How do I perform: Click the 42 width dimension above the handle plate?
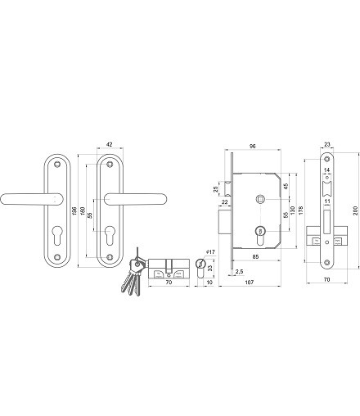109,145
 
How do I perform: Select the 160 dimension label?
83,210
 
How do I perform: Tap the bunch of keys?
133,272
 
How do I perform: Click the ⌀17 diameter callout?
210,251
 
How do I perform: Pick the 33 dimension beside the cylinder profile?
210,269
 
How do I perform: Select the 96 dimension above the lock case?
253,147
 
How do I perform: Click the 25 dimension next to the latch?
216,189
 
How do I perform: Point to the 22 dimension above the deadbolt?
225,202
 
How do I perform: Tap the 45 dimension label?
286,187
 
